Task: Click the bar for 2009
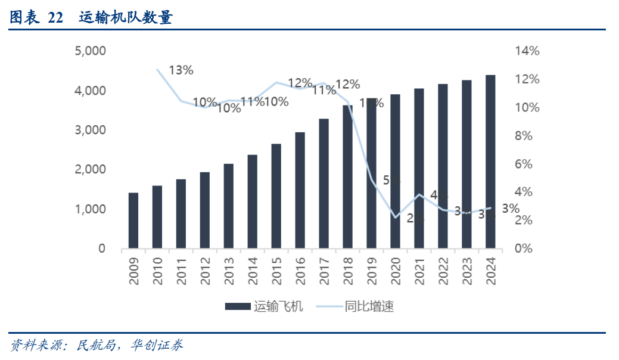[133, 221]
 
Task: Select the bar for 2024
[490, 162]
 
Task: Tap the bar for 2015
[276, 196]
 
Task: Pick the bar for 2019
[372, 173]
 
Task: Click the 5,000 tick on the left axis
[90, 51]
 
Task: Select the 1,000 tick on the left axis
[90, 209]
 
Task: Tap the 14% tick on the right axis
[527, 51]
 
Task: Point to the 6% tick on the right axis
[527, 164]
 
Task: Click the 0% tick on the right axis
[527, 249]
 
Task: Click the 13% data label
[181, 70]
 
